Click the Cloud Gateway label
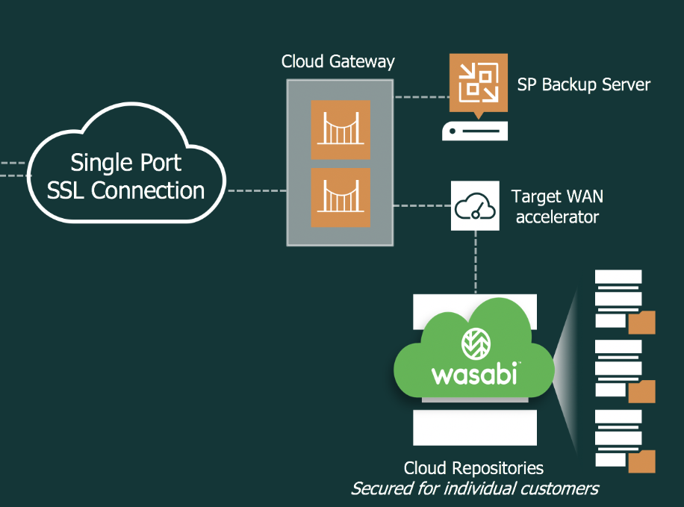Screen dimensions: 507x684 click(x=338, y=61)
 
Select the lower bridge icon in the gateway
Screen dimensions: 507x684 click(x=340, y=198)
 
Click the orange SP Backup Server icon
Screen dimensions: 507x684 click(x=478, y=82)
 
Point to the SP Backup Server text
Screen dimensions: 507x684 click(x=584, y=84)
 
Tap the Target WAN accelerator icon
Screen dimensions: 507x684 click(x=475, y=205)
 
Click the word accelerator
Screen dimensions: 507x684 click(x=557, y=217)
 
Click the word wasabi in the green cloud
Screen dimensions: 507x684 click(x=474, y=373)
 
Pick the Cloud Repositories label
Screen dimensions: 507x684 click(x=473, y=468)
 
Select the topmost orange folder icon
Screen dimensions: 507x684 click(x=642, y=322)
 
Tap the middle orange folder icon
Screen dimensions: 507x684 click(x=642, y=391)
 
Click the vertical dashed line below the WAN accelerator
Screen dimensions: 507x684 click(x=475, y=261)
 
